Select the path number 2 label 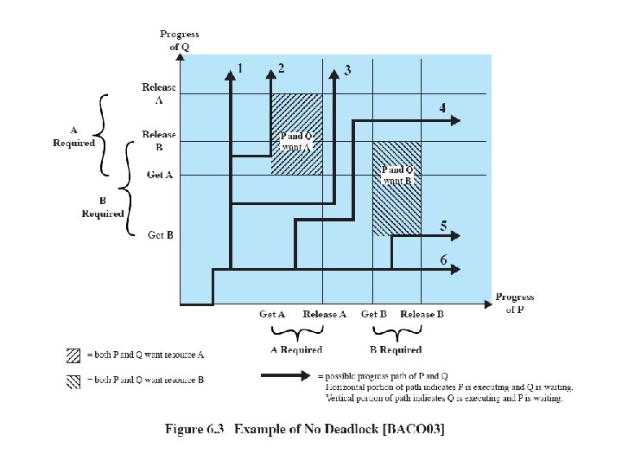281,67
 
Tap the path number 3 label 347,70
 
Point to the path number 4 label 442,109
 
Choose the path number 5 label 443,226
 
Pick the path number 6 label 443,259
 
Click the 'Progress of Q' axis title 179,40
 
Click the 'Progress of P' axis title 515,303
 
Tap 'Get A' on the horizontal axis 273,315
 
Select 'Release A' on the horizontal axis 325,315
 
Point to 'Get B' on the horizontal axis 374,315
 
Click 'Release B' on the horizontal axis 422,315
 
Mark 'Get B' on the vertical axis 161,234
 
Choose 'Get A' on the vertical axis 161,175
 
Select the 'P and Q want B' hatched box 397,188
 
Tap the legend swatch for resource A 73,355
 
